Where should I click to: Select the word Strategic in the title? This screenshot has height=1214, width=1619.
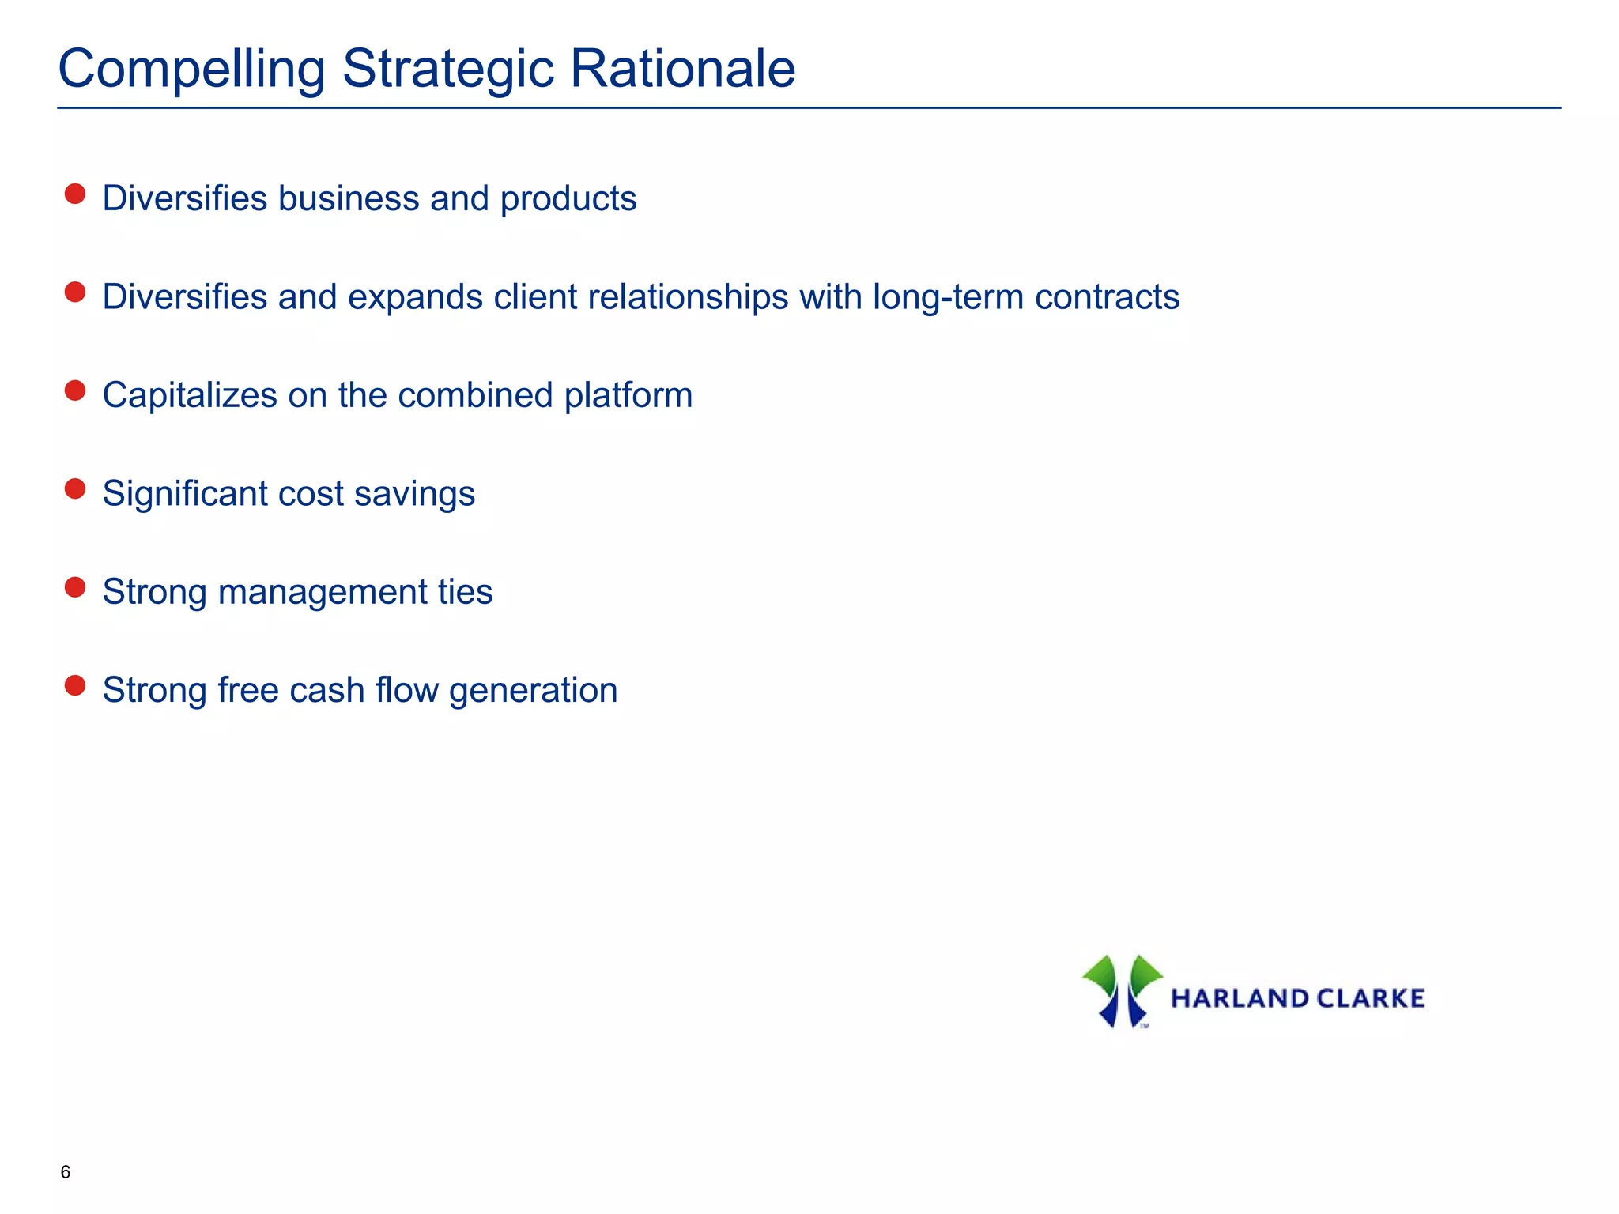click(x=447, y=70)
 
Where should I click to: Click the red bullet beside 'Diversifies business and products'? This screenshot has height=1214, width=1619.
click(x=75, y=194)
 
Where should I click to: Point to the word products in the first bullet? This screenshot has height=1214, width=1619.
click(x=568, y=199)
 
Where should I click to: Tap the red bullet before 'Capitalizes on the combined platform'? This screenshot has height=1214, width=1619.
click(x=75, y=391)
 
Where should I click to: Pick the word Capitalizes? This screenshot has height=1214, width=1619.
click(x=190, y=396)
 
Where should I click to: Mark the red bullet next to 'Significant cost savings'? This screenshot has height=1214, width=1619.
click(x=75, y=489)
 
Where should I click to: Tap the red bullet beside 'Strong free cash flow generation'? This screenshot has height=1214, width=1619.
click(x=75, y=686)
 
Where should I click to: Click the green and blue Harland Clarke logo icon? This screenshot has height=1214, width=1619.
click(x=1122, y=991)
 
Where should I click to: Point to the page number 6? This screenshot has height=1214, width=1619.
click(x=66, y=1172)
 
